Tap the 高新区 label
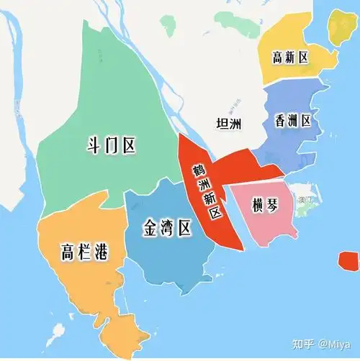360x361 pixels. (x=291, y=58)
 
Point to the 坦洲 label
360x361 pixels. (x=230, y=124)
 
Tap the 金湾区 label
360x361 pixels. (x=166, y=229)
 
